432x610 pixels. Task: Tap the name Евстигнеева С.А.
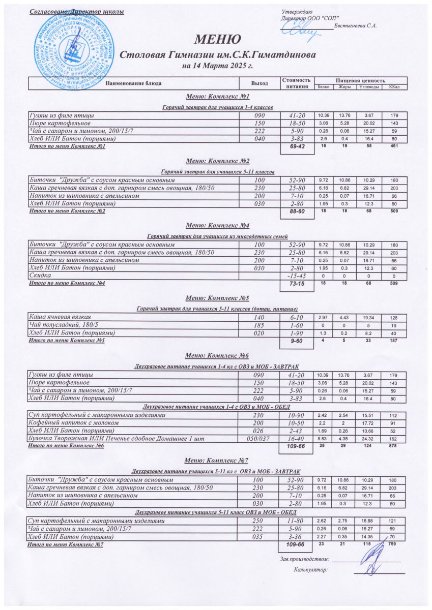pos(356,26)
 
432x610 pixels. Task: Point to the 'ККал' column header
pos(394,87)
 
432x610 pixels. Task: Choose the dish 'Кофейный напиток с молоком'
pos(74,422)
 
